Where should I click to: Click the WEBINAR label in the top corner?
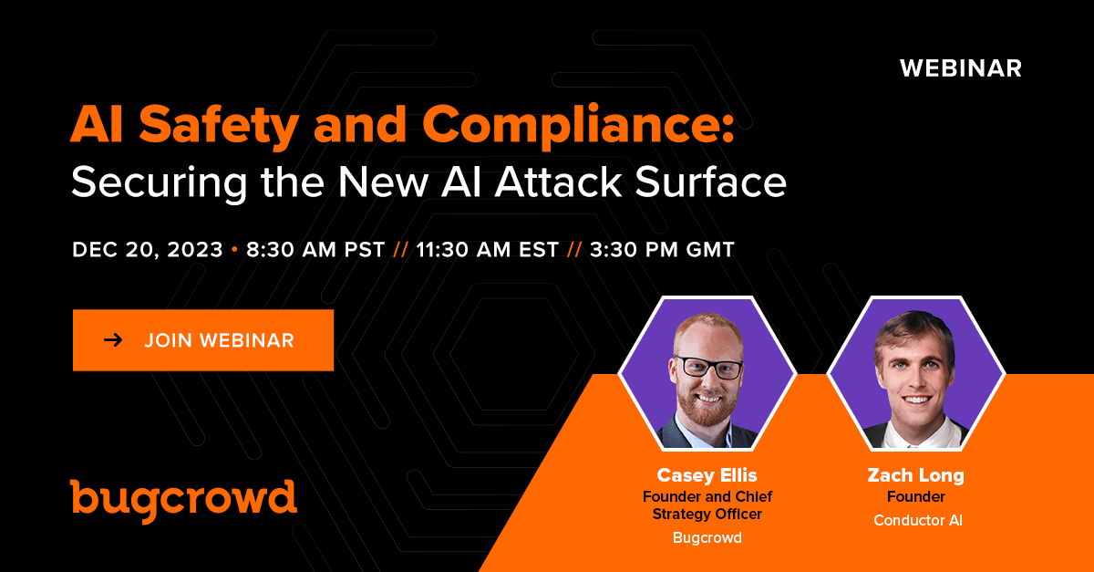[x=961, y=68]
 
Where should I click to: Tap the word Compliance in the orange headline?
[x=578, y=126]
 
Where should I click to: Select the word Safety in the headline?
[x=220, y=126]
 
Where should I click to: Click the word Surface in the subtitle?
[x=710, y=182]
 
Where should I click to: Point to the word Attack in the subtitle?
[x=558, y=182]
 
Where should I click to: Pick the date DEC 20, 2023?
[x=148, y=250]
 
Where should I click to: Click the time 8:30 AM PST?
[x=315, y=250]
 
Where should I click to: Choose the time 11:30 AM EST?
[x=488, y=250]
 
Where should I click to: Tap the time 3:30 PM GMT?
[x=662, y=250]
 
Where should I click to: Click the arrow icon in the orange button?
[x=113, y=340]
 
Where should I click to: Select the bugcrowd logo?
[x=183, y=501]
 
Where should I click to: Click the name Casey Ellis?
[x=707, y=475]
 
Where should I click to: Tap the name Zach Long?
[x=915, y=475]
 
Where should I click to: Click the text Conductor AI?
[x=918, y=520]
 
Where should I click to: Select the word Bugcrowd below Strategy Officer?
[x=707, y=537]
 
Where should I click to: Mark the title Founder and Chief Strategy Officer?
[x=707, y=505]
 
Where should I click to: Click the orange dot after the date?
[x=235, y=250]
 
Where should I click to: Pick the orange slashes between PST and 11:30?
[x=401, y=250]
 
